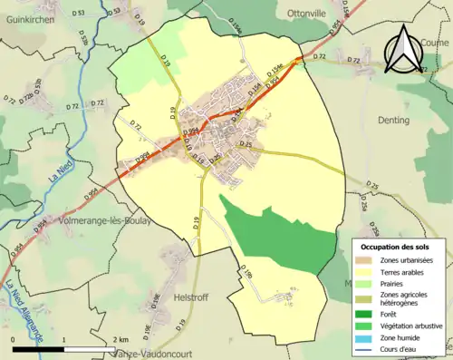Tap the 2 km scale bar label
pos(120,339)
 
